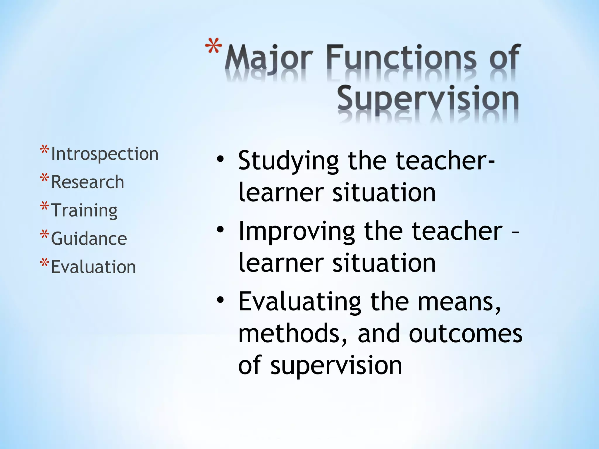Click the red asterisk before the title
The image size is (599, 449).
click(x=214, y=47)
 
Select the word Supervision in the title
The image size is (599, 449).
click(x=428, y=99)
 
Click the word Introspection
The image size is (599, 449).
click(x=104, y=154)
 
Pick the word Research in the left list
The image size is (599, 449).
click(x=87, y=182)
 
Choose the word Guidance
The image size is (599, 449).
click(x=89, y=238)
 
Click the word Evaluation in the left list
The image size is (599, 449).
click(x=93, y=267)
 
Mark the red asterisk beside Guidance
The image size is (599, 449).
click(x=44, y=234)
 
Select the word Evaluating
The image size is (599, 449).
click(x=300, y=302)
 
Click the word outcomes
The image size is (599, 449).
click(x=465, y=334)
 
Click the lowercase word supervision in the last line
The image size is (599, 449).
click(x=336, y=366)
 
